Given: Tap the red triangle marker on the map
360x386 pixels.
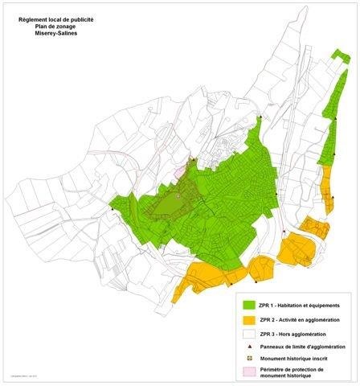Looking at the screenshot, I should tap(284, 232).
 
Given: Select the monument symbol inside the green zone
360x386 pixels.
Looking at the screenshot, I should tap(178, 196).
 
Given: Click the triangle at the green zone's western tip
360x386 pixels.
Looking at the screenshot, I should tap(111, 205).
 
